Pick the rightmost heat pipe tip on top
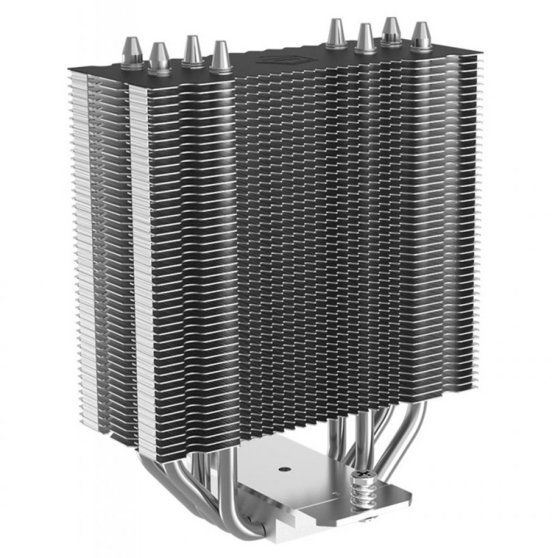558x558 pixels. (x=421, y=35)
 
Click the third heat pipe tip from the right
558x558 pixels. (x=366, y=38)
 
